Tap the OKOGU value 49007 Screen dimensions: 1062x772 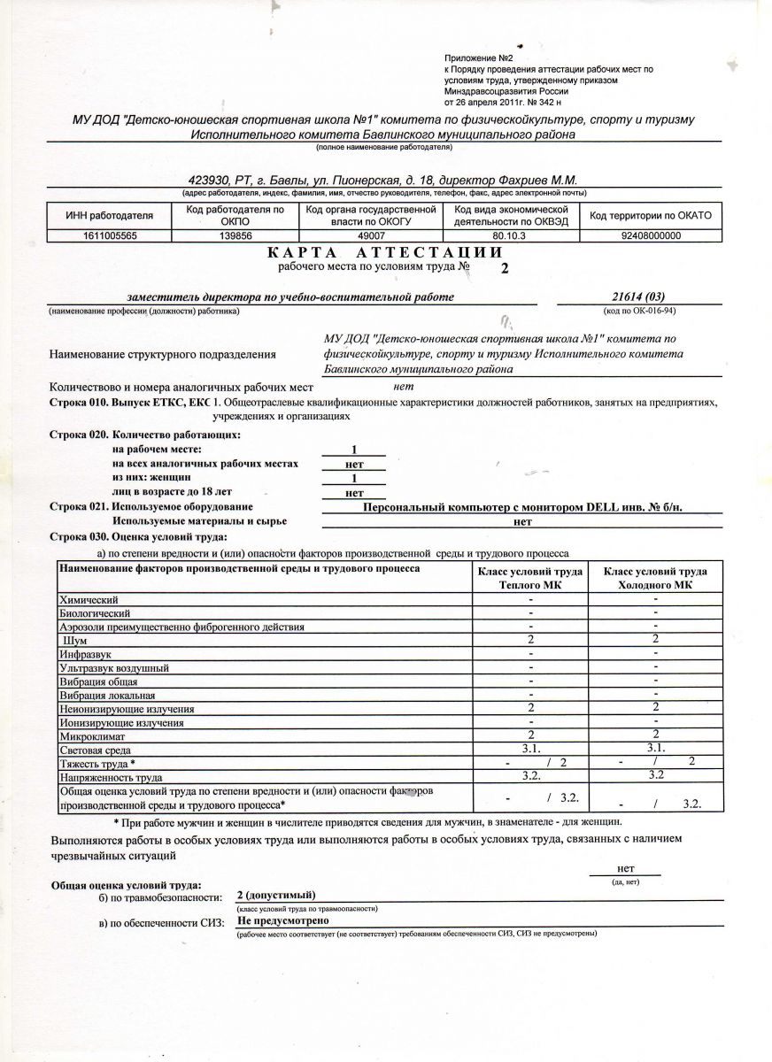tap(370, 236)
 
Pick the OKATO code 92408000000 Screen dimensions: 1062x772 tap(651, 236)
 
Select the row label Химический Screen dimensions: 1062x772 tap(89, 600)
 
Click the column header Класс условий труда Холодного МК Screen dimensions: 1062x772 tap(655, 578)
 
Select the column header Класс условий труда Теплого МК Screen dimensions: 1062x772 tap(530, 578)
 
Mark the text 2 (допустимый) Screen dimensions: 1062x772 tap(276, 896)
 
